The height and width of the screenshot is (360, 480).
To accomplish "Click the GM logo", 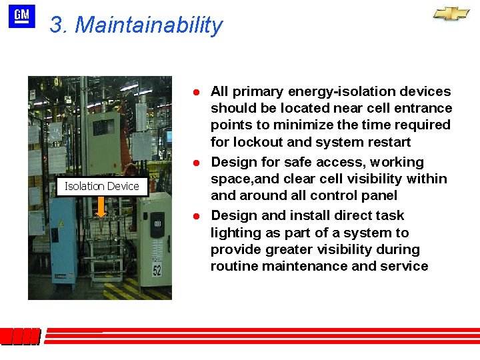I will click(21, 16).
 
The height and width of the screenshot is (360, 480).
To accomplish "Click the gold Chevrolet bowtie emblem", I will click(451, 14).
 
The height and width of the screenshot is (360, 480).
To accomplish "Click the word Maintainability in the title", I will click(149, 25).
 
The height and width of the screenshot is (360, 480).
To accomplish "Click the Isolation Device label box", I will click(101, 186).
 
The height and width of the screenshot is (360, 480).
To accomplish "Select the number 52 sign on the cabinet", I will click(156, 269).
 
